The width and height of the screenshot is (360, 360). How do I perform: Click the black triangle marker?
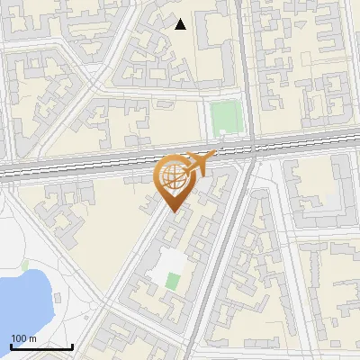tap(181, 24)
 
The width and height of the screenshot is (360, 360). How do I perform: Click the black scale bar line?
tap(41, 346)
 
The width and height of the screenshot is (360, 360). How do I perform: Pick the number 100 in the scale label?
tap(19, 338)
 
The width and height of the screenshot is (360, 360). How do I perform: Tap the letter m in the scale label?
tap(31, 338)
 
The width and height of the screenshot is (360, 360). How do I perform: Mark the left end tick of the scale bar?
tap(11, 345)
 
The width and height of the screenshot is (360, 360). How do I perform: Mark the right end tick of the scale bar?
tap(72, 345)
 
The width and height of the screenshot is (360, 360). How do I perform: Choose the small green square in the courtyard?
tap(173, 281)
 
